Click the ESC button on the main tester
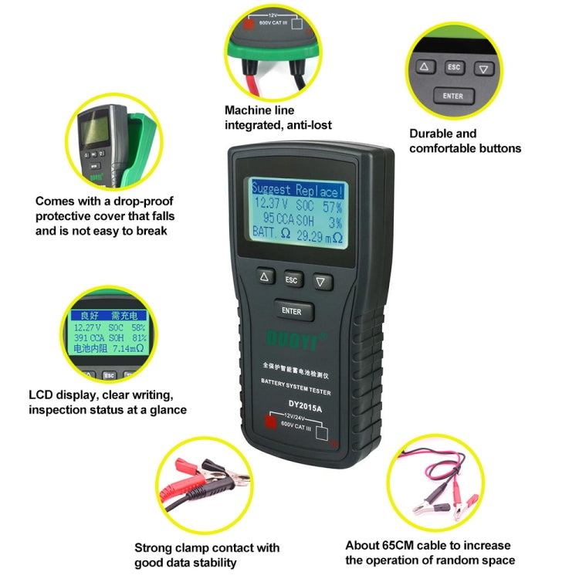tap(291, 279)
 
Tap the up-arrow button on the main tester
tap(265, 276)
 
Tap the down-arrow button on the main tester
tap(319, 281)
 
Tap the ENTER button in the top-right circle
tap(453, 96)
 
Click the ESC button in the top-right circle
tap(454, 68)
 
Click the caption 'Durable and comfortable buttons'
tap(465, 141)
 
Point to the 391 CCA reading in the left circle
tap(87, 337)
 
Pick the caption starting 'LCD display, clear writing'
tap(107, 403)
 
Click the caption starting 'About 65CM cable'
tap(430, 553)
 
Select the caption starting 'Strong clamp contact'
tap(207, 555)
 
